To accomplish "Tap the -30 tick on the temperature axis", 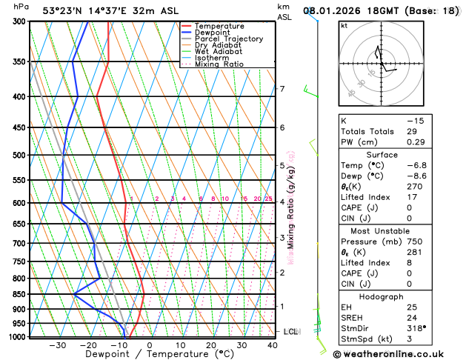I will coord(57,345).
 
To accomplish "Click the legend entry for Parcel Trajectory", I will coord(228,39).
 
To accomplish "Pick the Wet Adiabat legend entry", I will coord(219,51).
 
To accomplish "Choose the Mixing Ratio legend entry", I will coord(219,64).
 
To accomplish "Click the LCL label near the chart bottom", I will coord(290,331).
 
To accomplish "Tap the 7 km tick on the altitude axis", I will coord(282,89).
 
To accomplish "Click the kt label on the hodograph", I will coord(344,25).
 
